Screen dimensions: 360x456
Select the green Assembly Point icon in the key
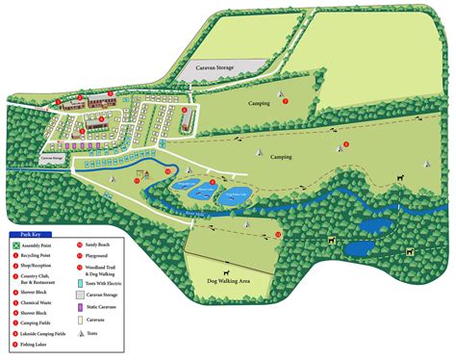coord(15,244)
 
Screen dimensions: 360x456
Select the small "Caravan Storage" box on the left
coord(50,157)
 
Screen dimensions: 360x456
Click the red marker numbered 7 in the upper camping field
coord(285,100)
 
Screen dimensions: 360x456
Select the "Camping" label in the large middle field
coord(281,155)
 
